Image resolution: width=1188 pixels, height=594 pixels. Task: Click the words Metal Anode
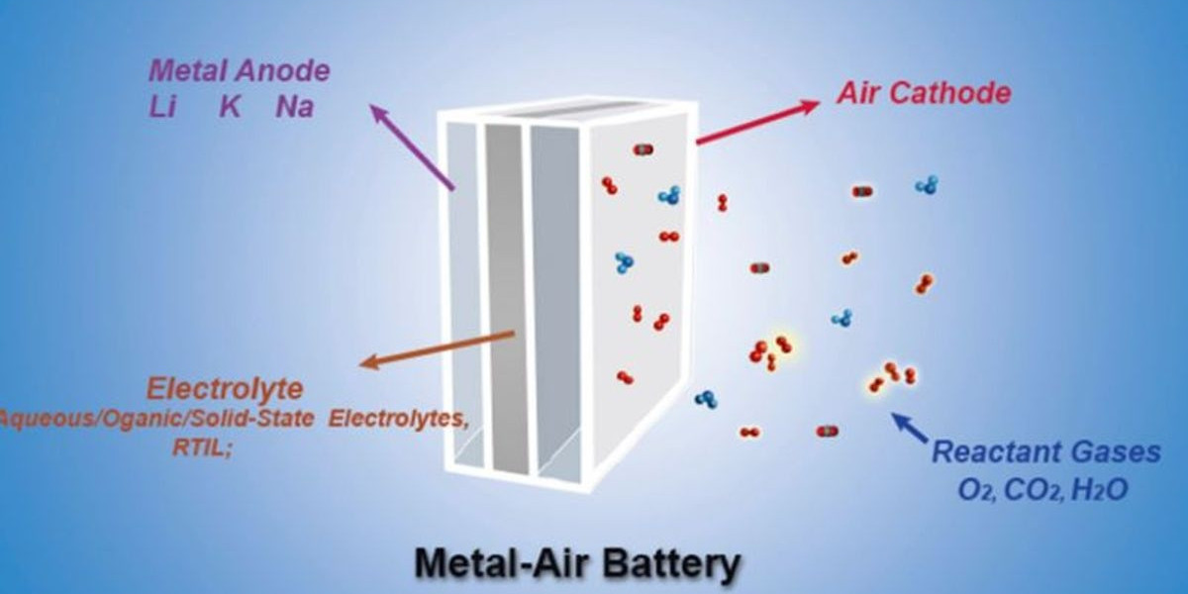click(239, 72)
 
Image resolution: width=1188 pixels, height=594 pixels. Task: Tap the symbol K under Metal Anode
click(230, 107)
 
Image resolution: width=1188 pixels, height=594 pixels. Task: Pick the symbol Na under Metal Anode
click(294, 107)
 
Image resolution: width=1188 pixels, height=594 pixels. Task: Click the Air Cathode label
click(924, 94)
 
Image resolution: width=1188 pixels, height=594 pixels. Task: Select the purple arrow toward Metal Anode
click(412, 146)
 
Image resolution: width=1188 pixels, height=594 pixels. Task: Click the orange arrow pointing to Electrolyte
click(437, 348)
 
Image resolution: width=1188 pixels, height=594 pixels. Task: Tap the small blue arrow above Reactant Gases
click(910, 427)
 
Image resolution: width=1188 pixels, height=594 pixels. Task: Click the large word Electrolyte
click(225, 387)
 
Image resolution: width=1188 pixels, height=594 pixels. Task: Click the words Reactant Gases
click(1046, 453)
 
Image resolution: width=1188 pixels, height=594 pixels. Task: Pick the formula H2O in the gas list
click(1099, 488)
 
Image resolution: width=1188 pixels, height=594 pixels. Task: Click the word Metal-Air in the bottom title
click(487, 563)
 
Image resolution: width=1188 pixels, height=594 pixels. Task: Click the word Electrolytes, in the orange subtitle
click(398, 419)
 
